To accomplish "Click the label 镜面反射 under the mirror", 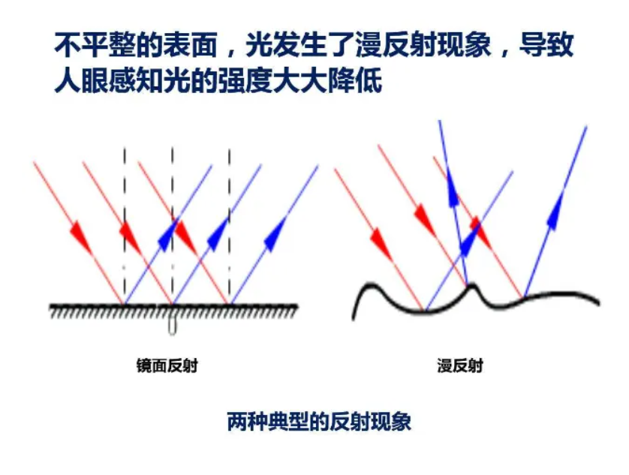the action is [167, 366].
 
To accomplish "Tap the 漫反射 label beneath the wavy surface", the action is [460, 366].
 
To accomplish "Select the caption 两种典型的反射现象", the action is [319, 421].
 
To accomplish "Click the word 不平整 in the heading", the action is [95, 44].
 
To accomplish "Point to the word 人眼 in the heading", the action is [81, 80].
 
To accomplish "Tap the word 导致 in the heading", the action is [546, 44].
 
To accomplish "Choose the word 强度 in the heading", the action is [245, 80].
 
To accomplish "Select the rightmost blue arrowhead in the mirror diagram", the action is [275, 234].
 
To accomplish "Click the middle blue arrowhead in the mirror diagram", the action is [218, 234].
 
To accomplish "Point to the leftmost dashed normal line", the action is [125, 224].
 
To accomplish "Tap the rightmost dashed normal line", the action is [230, 224].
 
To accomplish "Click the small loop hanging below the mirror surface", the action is [173, 325].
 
